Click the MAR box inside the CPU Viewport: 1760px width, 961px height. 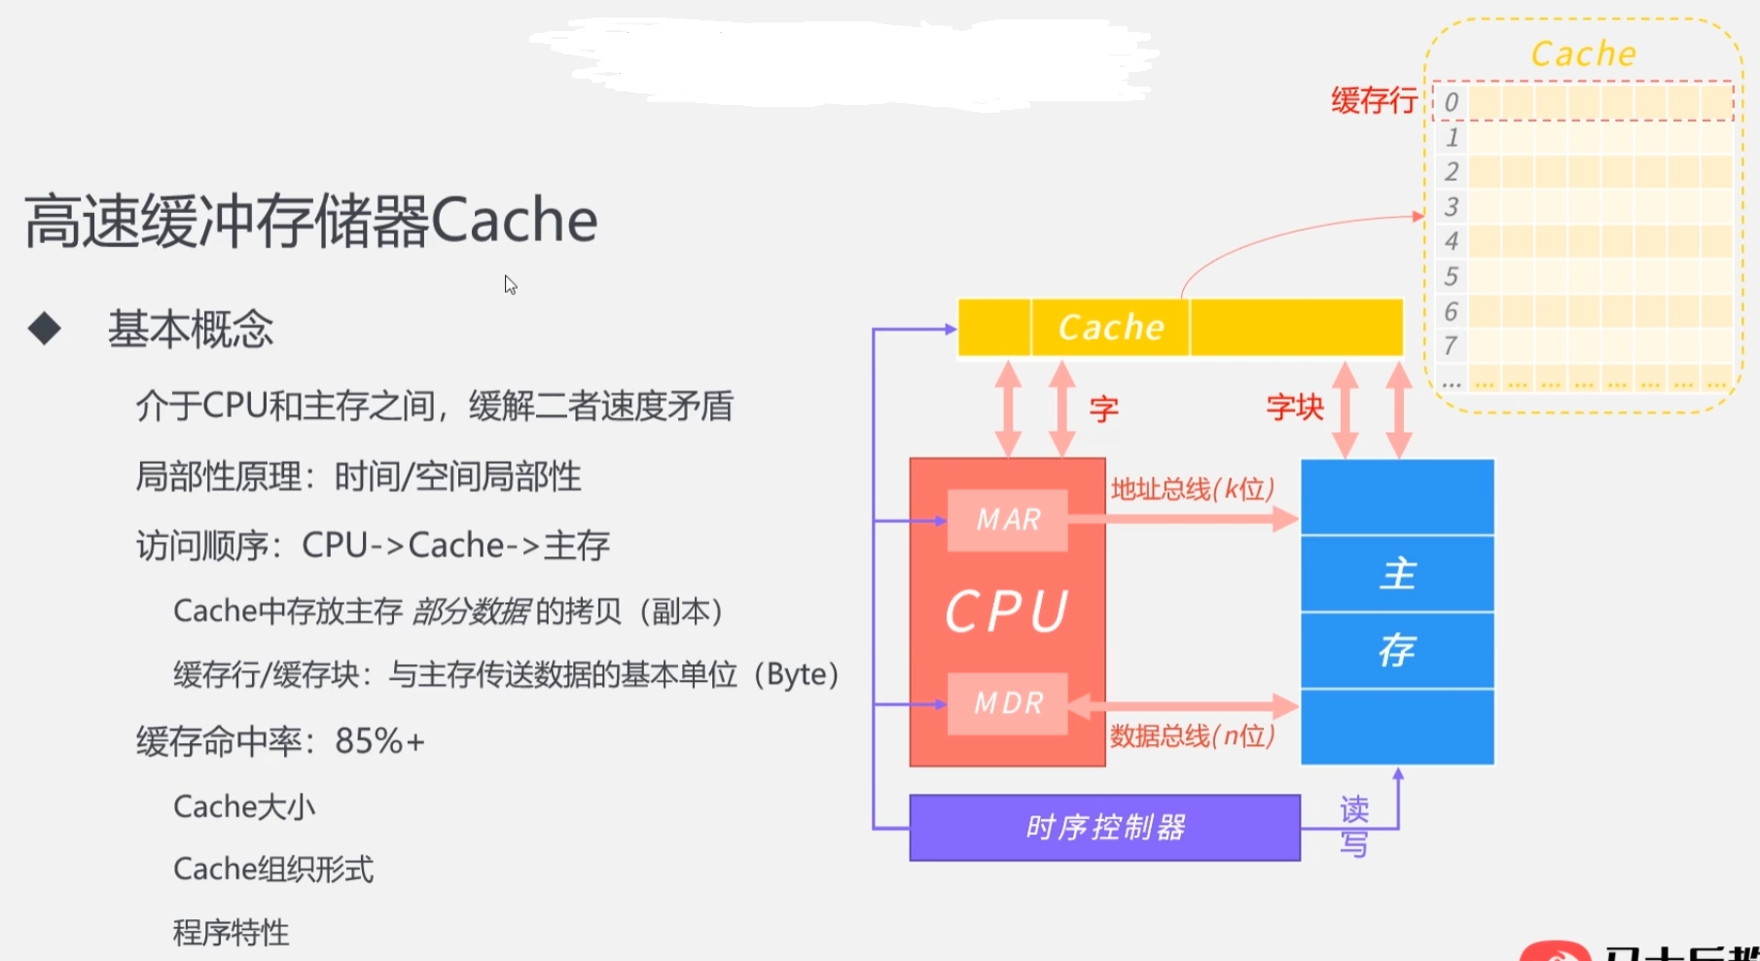1007,520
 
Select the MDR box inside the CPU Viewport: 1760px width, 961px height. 1007,703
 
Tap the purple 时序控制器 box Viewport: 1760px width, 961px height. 1104,828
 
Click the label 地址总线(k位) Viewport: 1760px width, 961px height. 1193,488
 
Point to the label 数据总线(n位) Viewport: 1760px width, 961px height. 1193,735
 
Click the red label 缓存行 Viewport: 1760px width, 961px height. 1374,100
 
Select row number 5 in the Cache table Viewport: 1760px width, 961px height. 1451,276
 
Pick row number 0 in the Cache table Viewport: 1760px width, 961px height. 1451,102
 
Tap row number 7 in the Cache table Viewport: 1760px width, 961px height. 1451,345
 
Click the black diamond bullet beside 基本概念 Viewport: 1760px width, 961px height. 45,329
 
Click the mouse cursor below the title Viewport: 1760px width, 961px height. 510,284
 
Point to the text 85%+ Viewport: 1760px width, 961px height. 379,741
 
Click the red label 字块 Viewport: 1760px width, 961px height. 1295,407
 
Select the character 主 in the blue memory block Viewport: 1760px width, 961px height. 1398,574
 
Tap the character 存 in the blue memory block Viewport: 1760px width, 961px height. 1397,650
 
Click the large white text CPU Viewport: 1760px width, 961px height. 1007,612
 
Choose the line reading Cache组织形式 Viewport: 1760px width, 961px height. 273,869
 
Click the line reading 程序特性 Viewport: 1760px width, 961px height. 232,933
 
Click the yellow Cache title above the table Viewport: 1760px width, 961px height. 1583,53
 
